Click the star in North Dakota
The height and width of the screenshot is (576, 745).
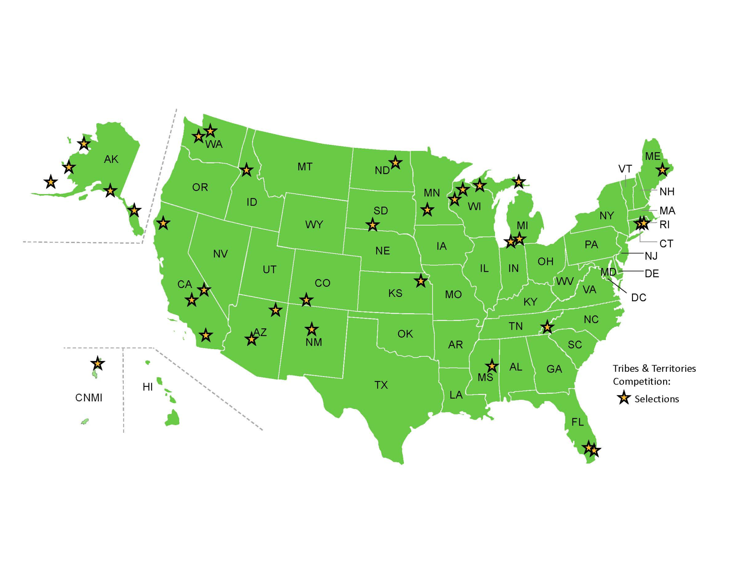coord(395,163)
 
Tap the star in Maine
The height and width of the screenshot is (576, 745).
coord(662,170)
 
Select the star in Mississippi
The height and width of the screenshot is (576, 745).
coord(492,366)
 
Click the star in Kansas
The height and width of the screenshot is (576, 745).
coord(421,281)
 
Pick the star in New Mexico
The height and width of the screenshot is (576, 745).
coord(312,330)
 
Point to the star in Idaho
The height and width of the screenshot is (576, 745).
coord(246,170)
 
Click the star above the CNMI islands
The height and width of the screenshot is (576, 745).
coord(97,364)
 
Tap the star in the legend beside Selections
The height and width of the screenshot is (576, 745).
coord(624,398)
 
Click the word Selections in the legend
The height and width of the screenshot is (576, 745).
coord(657,399)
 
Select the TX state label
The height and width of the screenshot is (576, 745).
coord(381,385)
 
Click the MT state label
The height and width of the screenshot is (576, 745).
coord(305,167)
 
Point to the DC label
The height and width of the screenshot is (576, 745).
coord(638,298)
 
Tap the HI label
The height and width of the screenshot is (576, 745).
coord(147,387)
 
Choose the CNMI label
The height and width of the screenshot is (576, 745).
coord(88,398)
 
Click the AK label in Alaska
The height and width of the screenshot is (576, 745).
coord(111,159)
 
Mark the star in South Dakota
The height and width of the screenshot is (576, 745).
coord(372,225)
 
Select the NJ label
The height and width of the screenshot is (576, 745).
coord(651,256)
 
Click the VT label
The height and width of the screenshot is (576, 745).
coord(625,169)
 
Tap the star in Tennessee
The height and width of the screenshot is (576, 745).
coord(547,327)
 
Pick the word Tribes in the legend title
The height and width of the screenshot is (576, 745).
coord(625,368)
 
